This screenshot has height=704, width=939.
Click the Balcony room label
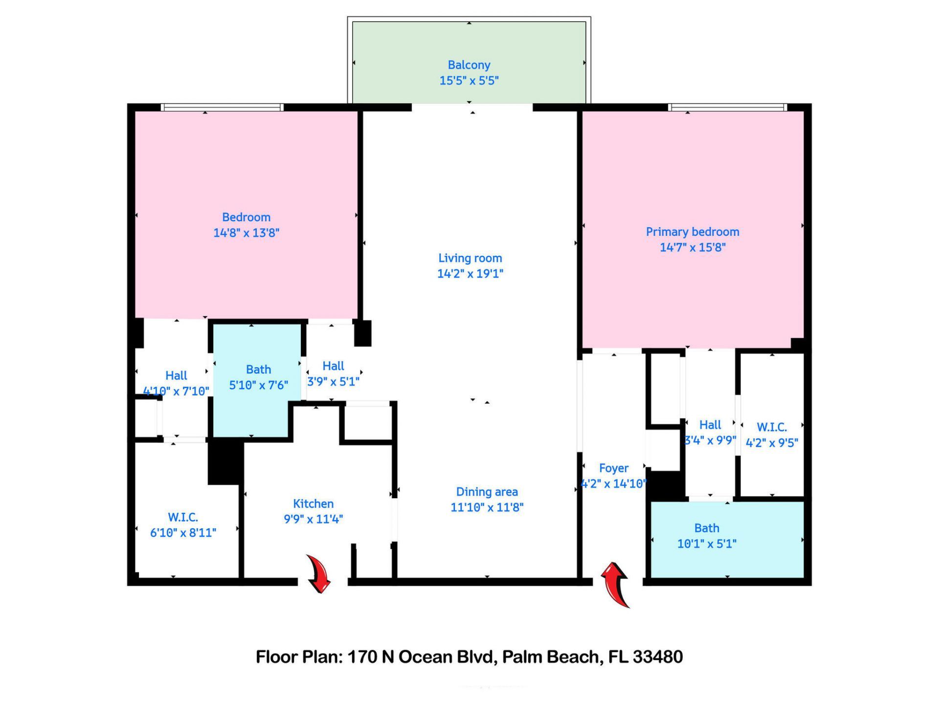(469, 65)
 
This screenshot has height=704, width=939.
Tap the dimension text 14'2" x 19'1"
(470, 274)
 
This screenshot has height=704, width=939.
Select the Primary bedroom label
(692, 232)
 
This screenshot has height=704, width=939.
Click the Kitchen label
(313, 504)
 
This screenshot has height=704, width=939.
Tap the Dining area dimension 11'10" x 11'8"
(487, 507)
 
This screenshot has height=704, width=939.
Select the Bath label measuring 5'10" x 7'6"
(258, 370)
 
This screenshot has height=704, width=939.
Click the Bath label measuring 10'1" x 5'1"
(707, 528)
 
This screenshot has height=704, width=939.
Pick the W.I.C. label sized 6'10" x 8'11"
(183, 517)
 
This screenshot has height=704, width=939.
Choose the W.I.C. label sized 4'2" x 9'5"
(772, 427)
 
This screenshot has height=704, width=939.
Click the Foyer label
(613, 468)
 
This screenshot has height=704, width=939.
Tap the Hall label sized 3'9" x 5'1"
(333, 366)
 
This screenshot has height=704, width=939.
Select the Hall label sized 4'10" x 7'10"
(176, 375)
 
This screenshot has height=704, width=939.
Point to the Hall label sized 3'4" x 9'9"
(710, 425)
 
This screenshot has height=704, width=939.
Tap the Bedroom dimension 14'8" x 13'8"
(246, 233)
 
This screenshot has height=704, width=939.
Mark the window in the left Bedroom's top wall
(222, 107)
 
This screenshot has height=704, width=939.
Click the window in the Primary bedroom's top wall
(727, 107)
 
